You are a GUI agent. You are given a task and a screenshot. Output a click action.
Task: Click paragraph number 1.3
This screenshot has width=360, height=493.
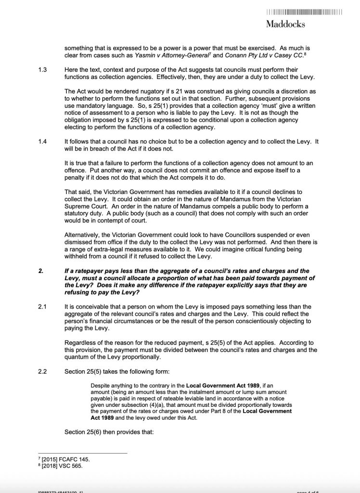click(x=42, y=70)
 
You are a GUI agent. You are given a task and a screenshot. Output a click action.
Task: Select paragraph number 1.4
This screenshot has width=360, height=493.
click(x=42, y=143)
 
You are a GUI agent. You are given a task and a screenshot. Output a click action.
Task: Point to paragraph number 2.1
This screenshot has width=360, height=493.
click(x=42, y=306)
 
